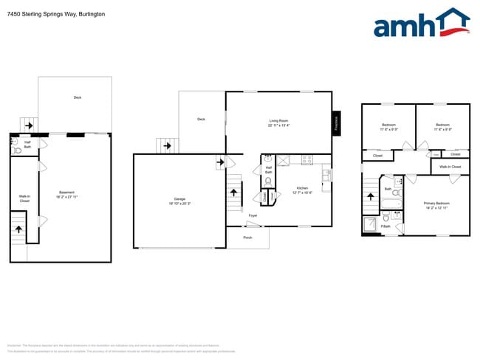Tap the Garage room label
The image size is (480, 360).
coord(179,200)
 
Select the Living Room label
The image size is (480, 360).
coord(278,122)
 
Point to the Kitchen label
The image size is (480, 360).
coord(303,190)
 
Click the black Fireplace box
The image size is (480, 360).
coord(336,122)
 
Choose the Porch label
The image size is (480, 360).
coord(247,238)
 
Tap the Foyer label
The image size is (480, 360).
coord(253,215)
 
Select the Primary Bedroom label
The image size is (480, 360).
coord(436,204)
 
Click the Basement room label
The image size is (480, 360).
coord(67,194)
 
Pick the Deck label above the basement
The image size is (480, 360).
coord(77,97)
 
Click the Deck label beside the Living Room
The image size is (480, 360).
coord(201,119)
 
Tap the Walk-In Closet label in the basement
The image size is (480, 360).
coord(24,198)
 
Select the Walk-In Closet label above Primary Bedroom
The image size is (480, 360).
coord(450,167)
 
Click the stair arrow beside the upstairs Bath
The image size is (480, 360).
coord(371,198)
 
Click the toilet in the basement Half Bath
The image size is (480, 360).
coord(16,150)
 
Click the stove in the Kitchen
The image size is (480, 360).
coord(306,159)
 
